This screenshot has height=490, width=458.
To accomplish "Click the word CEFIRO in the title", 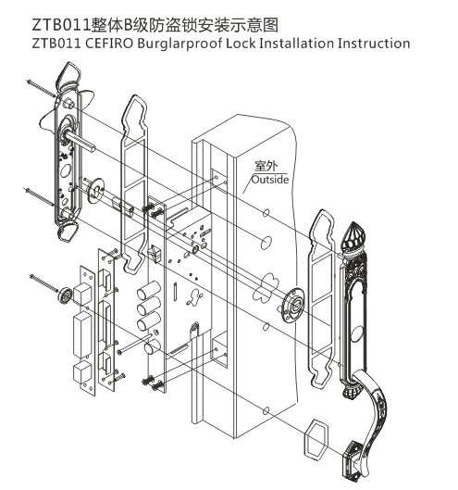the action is click(x=109, y=44).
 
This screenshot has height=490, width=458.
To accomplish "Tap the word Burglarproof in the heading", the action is click(x=179, y=44).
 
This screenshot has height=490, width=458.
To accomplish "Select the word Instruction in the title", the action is click(x=374, y=44).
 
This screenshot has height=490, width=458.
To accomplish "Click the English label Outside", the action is click(x=270, y=180).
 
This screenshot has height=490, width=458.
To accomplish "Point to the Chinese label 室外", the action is click(x=266, y=165).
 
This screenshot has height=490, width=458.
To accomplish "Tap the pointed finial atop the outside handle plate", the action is click(x=353, y=237).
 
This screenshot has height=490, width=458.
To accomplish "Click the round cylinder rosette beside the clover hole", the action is click(x=293, y=305).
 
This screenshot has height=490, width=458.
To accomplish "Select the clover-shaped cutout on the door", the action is click(x=266, y=287).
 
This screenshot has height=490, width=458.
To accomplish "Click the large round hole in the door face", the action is click(x=266, y=242).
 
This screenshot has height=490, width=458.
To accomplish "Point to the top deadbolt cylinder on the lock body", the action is click(x=149, y=290).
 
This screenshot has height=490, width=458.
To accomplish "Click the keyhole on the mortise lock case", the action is click(x=195, y=296).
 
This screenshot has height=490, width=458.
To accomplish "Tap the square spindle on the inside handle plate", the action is click(x=80, y=141).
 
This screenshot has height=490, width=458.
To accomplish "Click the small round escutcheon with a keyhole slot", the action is click(x=95, y=191).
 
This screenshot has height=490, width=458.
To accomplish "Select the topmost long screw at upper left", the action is click(x=42, y=89).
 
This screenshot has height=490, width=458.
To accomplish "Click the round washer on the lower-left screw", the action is click(x=65, y=295).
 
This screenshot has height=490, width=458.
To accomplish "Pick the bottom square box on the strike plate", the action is click(x=82, y=373).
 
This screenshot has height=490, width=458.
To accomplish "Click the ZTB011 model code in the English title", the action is click(x=56, y=44).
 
